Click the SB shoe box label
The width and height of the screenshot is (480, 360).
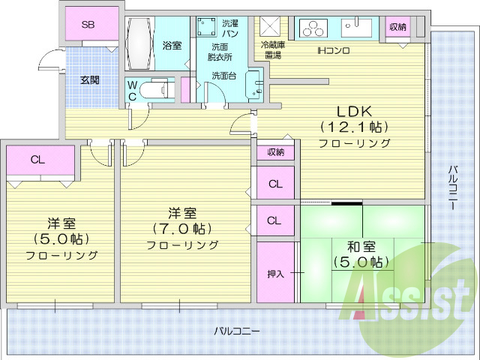pyautogui.click(x=88, y=25)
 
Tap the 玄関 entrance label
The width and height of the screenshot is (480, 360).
pyautogui.click(x=89, y=79)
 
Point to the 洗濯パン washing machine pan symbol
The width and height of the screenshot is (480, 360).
pyautogui.click(x=207, y=27)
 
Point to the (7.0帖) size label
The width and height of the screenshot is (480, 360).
pyautogui.click(x=182, y=229)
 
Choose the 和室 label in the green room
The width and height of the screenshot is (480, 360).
pyautogui.click(x=361, y=246)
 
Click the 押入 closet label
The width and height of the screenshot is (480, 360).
pyautogui.click(x=275, y=274)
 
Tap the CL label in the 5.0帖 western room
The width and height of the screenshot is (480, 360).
pyautogui.click(x=37, y=159)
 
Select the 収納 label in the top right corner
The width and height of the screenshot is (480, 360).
pyautogui.click(x=397, y=27)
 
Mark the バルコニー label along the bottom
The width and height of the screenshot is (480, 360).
pyautogui.click(x=236, y=330)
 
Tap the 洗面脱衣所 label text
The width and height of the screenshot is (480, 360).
pyautogui.click(x=220, y=52)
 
